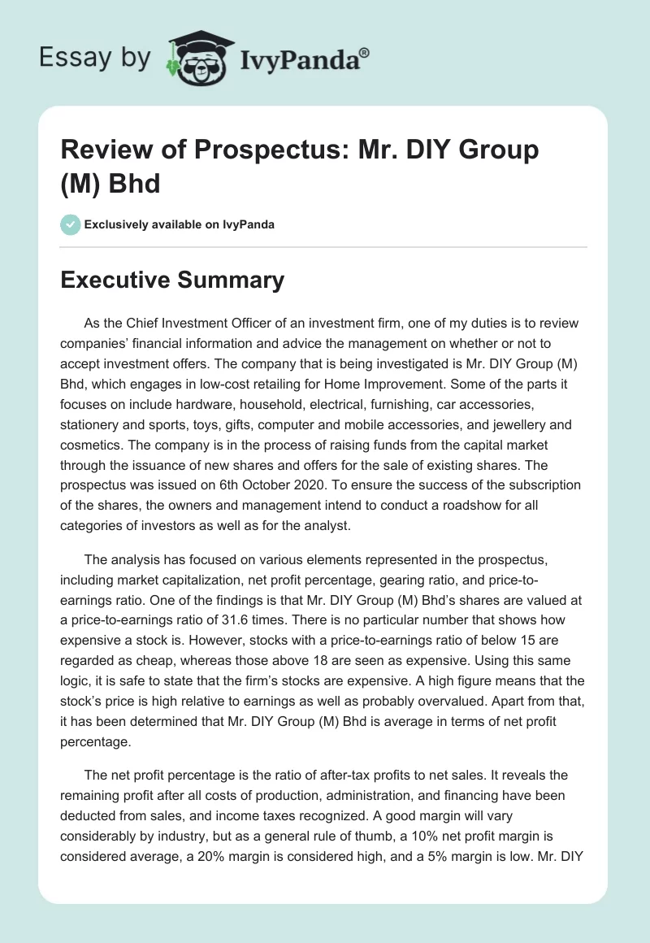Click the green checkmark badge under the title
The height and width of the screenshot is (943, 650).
tap(71, 224)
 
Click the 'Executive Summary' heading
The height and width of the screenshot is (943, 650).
tap(173, 280)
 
